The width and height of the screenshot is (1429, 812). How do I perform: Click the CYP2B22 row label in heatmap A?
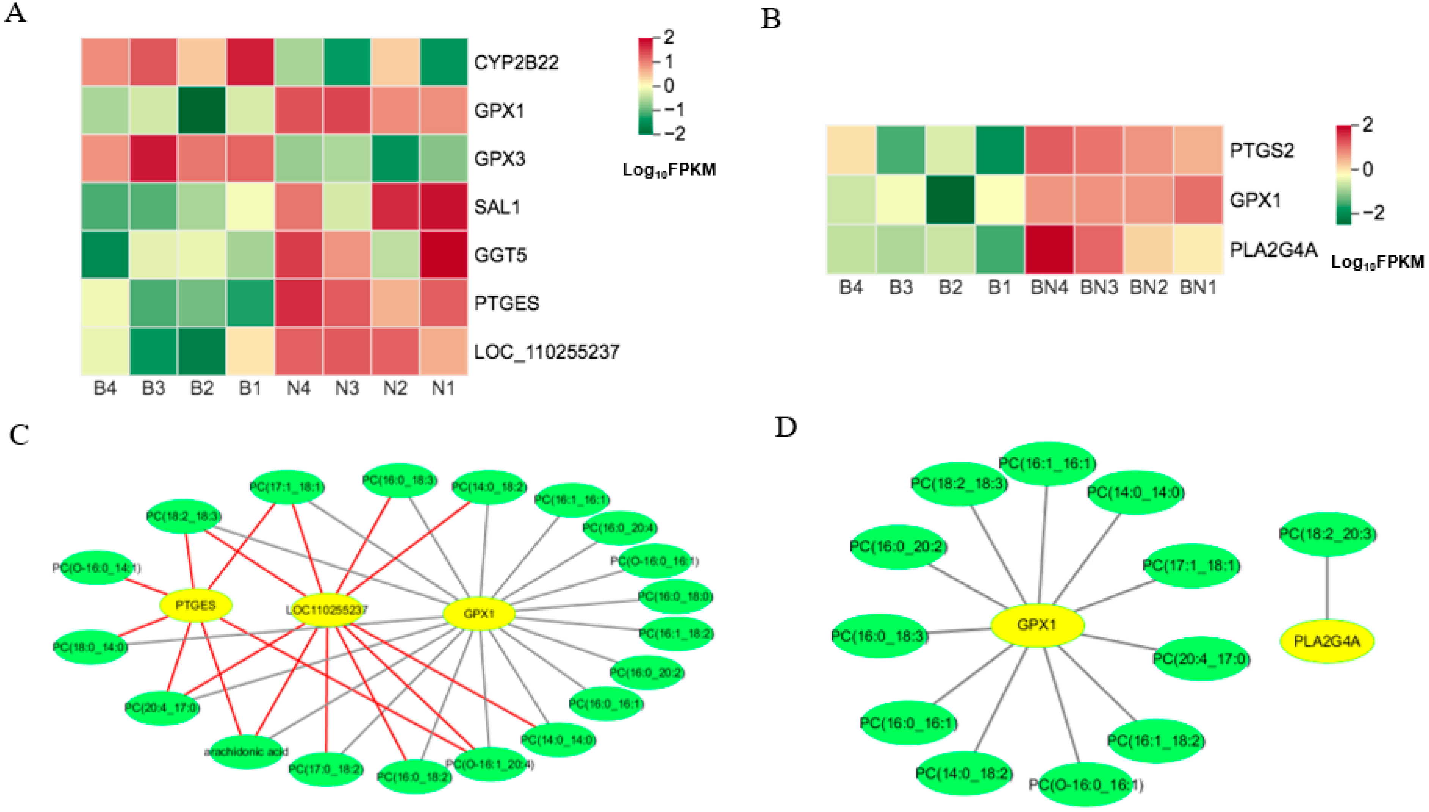pyautogui.click(x=516, y=62)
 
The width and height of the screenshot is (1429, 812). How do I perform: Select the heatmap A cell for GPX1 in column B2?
pyautogui.click(x=201, y=110)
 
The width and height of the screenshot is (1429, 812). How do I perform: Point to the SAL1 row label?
pyautogui.click(x=497, y=207)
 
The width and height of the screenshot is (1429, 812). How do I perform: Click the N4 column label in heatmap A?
pyautogui.click(x=298, y=387)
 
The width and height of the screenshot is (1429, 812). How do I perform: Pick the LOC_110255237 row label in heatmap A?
pyautogui.click(x=546, y=352)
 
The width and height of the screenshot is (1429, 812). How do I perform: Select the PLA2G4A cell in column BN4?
pyautogui.click(x=1049, y=249)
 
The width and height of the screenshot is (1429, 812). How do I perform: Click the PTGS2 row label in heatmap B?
pyautogui.click(x=1261, y=150)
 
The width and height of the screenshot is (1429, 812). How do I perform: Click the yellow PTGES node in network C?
pyautogui.click(x=195, y=605)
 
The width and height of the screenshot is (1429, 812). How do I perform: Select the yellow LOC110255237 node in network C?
pyautogui.click(x=327, y=610)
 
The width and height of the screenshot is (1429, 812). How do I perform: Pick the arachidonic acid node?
pyautogui.click(x=247, y=752)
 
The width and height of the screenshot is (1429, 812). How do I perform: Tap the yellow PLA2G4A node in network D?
pyautogui.click(x=1327, y=641)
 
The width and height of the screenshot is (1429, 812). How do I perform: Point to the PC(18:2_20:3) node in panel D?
pyautogui.click(x=1327, y=534)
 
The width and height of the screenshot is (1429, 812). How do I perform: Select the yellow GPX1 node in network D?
pyautogui.click(x=1036, y=625)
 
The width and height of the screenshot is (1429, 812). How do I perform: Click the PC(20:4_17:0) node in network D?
pyautogui.click(x=1201, y=659)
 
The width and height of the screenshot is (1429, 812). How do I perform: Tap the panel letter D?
pyautogui.click(x=786, y=427)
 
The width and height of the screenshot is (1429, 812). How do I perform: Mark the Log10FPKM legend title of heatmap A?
pyautogui.click(x=669, y=170)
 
